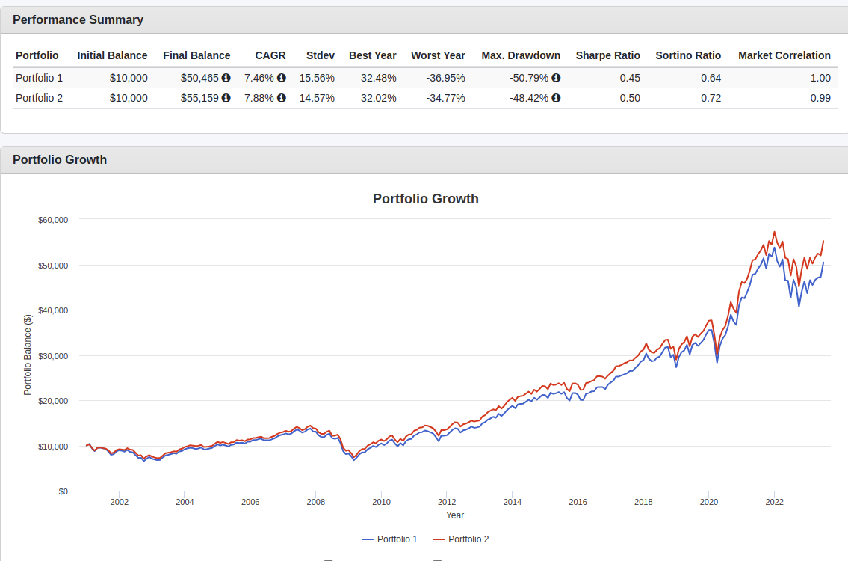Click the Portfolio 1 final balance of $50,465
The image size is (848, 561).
click(x=200, y=78)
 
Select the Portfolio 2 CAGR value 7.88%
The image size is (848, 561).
click(x=260, y=98)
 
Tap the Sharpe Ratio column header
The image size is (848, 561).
click(x=607, y=55)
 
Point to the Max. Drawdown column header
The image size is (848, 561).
click(x=521, y=55)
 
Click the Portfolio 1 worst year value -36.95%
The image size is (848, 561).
click(x=445, y=78)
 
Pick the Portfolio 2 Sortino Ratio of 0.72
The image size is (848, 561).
click(x=711, y=98)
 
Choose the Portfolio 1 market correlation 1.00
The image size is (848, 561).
click(x=820, y=78)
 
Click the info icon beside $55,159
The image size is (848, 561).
click(x=226, y=98)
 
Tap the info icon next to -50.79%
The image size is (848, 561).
click(x=557, y=78)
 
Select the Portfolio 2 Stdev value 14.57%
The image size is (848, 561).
click(x=317, y=98)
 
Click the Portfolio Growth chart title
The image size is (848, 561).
click(x=425, y=199)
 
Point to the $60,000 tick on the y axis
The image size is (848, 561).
click(x=53, y=220)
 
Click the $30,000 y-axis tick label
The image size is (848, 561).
click(x=53, y=356)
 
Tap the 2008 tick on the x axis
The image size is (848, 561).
click(x=316, y=502)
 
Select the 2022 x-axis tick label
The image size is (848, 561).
click(x=774, y=502)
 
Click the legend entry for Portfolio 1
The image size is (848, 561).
click(x=390, y=539)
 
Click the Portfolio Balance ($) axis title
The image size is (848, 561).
click(x=28, y=355)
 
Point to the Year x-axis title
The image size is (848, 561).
click(x=455, y=515)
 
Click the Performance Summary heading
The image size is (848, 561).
click(x=78, y=20)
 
